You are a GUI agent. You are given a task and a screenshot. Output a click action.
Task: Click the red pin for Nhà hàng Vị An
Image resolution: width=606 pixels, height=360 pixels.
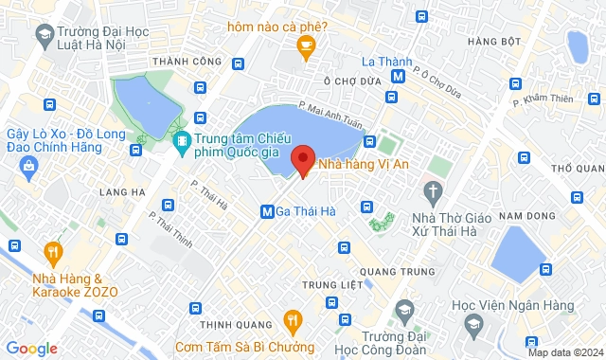303,158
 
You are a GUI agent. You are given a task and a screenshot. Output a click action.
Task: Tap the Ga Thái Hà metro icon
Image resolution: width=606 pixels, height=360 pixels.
268,210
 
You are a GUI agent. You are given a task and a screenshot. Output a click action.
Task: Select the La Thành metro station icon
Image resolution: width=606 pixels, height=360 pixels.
399,75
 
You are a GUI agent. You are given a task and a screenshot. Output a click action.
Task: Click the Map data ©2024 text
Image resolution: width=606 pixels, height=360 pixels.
564,352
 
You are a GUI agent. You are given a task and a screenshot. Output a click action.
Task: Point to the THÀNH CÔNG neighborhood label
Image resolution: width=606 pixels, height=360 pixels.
180,63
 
